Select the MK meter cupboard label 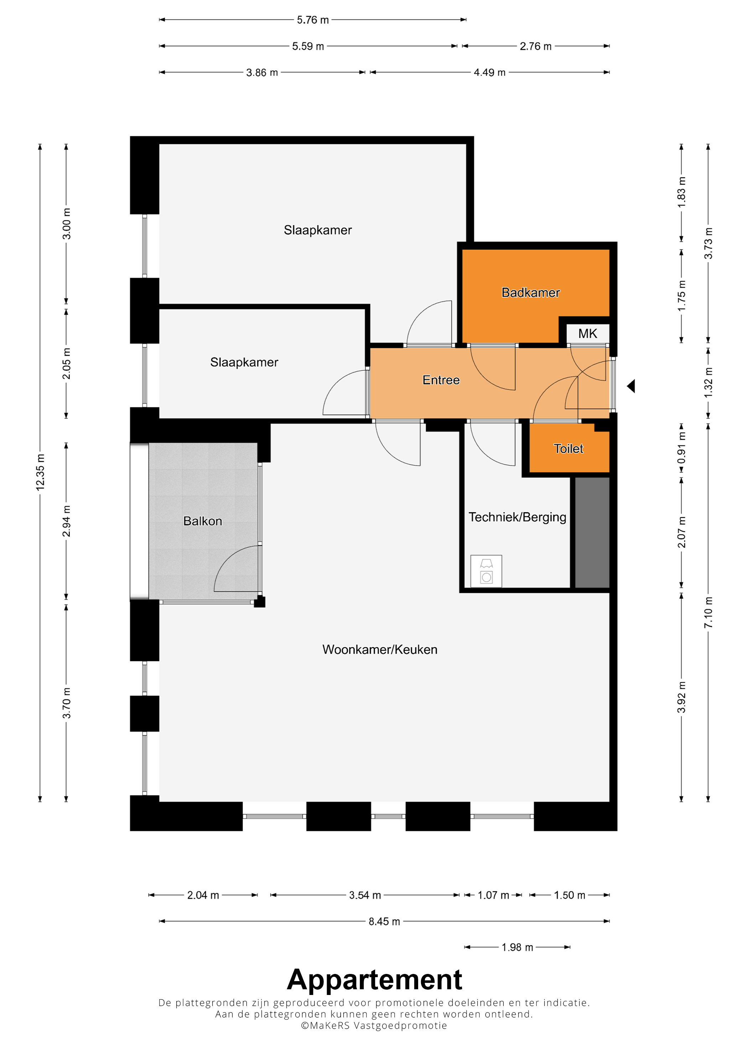pyautogui.click(x=588, y=333)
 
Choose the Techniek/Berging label pyautogui.click(x=517, y=517)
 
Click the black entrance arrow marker pyautogui.click(x=632, y=386)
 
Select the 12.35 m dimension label pyautogui.click(x=40, y=472)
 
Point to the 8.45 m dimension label pyautogui.click(x=384, y=921)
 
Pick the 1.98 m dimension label pyautogui.click(x=517, y=947)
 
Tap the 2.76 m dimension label pyautogui.click(x=536, y=46)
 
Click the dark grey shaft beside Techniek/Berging pyautogui.click(x=592, y=532)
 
